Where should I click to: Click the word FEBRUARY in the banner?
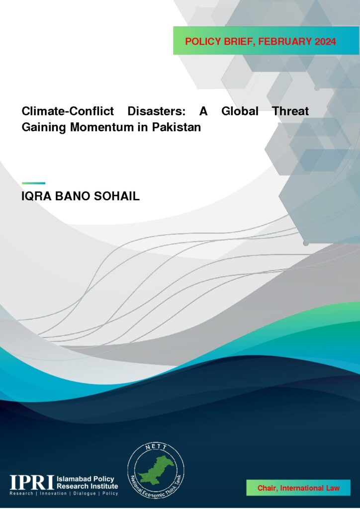click(x=285, y=42)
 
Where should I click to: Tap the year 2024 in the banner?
click(x=325, y=42)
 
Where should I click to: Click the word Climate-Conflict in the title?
click(x=68, y=111)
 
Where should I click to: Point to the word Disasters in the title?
click(x=157, y=111)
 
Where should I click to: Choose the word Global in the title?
click(x=240, y=111)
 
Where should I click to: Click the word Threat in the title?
click(x=290, y=111)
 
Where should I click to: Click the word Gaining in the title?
click(x=44, y=127)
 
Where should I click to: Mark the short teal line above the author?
click(x=33, y=183)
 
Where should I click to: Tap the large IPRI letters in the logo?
click(x=31, y=482)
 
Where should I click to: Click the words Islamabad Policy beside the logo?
click(x=86, y=479)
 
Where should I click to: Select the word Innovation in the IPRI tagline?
click(x=53, y=494)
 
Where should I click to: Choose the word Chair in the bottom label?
click(x=268, y=488)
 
